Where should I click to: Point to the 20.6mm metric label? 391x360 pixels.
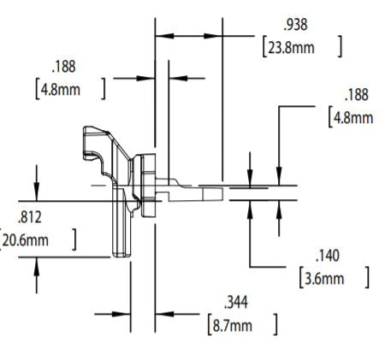pyautogui.click(x=27, y=239)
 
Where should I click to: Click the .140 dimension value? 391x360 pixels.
pyautogui.click(x=328, y=256)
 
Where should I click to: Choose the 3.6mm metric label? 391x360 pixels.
pyautogui.click(x=326, y=278)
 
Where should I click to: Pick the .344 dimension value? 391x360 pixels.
pyautogui.click(x=235, y=302)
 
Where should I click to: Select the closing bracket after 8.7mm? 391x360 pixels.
pyautogui.click(x=275, y=324)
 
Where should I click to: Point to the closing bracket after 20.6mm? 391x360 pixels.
pyautogui.click(x=75, y=239)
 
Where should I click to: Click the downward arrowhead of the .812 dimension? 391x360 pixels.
pyautogui.click(x=37, y=195)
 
